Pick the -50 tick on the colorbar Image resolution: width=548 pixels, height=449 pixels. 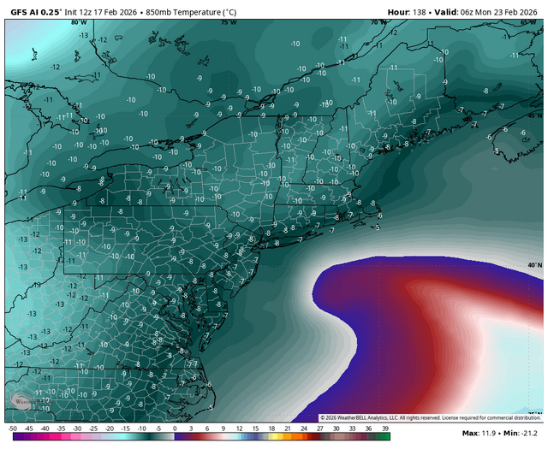pyautogui.click(x=12, y=428)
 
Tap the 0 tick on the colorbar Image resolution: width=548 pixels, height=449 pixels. pyautogui.click(x=175, y=428)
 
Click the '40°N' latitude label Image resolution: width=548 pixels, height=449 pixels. pyautogui.click(x=534, y=265)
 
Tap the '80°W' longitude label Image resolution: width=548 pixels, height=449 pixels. pyautogui.click(x=80, y=22)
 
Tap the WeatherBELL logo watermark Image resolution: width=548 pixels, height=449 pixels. pyautogui.click(x=23, y=400)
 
